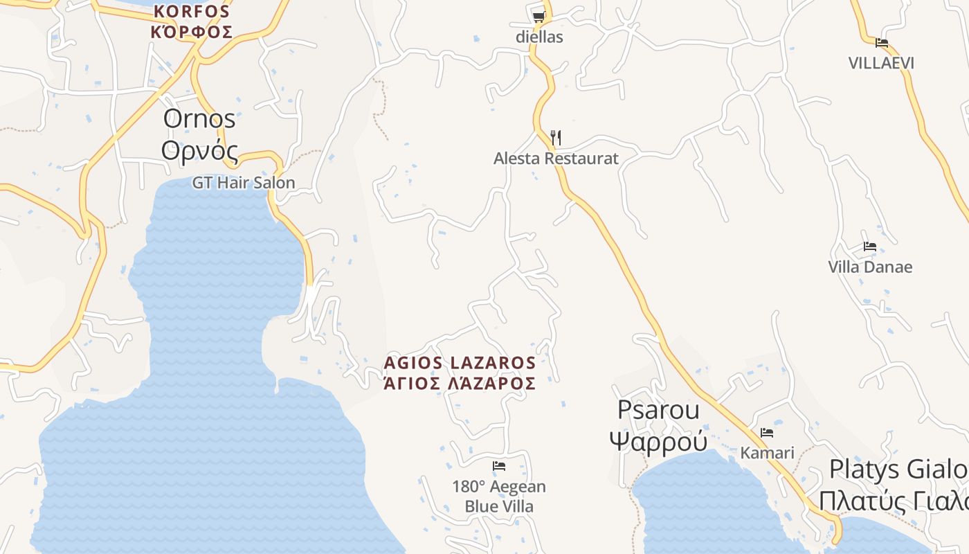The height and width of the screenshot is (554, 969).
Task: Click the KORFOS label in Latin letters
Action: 192,11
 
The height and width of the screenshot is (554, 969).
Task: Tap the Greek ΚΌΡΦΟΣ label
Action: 192,32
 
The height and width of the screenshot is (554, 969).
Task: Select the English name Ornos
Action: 199,118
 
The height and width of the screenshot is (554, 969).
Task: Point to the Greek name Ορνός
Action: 199,150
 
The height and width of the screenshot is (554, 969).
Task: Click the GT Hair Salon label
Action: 244,183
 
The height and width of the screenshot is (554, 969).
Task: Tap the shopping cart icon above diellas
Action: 538,17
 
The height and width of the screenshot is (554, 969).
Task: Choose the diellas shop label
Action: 539,37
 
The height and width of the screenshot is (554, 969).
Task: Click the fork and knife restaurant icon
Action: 555,137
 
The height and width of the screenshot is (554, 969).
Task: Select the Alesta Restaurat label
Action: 556,159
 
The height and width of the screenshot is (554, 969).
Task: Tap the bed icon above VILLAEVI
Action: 882,42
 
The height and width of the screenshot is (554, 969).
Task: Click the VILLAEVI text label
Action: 882,63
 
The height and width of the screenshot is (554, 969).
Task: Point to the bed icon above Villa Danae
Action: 870,247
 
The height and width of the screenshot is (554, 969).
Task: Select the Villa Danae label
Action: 870,267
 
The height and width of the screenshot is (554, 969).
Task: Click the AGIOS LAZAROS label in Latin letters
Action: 460,363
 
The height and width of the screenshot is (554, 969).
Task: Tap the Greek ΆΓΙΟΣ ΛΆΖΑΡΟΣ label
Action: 460,384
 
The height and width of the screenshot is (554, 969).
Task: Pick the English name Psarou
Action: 658,410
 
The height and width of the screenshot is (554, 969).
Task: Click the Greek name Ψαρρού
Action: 658,440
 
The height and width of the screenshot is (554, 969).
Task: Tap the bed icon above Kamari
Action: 767,433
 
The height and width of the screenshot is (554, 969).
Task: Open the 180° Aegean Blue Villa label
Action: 499,497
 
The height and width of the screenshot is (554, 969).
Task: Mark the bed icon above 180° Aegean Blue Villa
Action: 499,466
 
